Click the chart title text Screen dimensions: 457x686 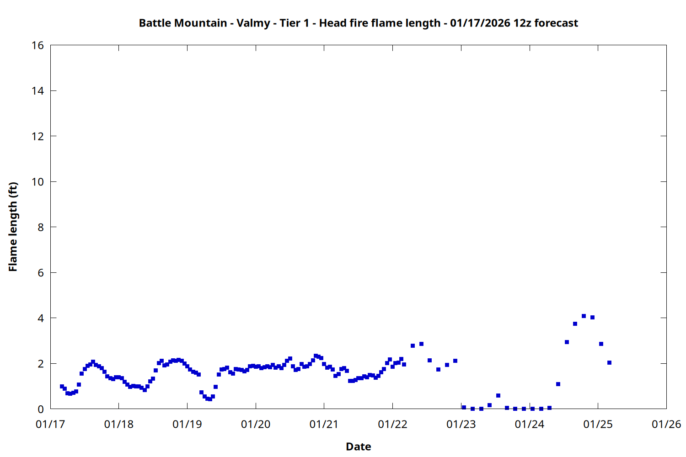coord(358,23)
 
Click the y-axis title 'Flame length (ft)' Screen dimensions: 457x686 coord(13,227)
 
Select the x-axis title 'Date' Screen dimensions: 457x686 coord(358,446)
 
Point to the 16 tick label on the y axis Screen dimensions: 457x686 coord(38,45)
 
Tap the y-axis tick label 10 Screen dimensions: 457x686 coord(38,182)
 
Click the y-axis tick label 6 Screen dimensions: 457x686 coord(41,273)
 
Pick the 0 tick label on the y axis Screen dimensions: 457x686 coord(41,409)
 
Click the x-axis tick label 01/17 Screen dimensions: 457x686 coord(50,425)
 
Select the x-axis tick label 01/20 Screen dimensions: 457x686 coord(256,425)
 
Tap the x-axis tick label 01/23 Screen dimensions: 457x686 coord(461,425)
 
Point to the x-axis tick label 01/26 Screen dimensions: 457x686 coord(666,425)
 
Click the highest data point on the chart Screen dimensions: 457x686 coord(584,316)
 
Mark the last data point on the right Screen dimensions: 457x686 coord(609,362)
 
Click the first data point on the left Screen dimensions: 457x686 coord(62,386)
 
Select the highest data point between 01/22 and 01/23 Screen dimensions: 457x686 coord(421,344)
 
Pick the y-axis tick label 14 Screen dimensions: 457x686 coord(38,91)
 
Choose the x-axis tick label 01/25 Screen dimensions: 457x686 coord(598,425)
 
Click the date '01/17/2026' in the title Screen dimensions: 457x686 coord(480,23)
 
